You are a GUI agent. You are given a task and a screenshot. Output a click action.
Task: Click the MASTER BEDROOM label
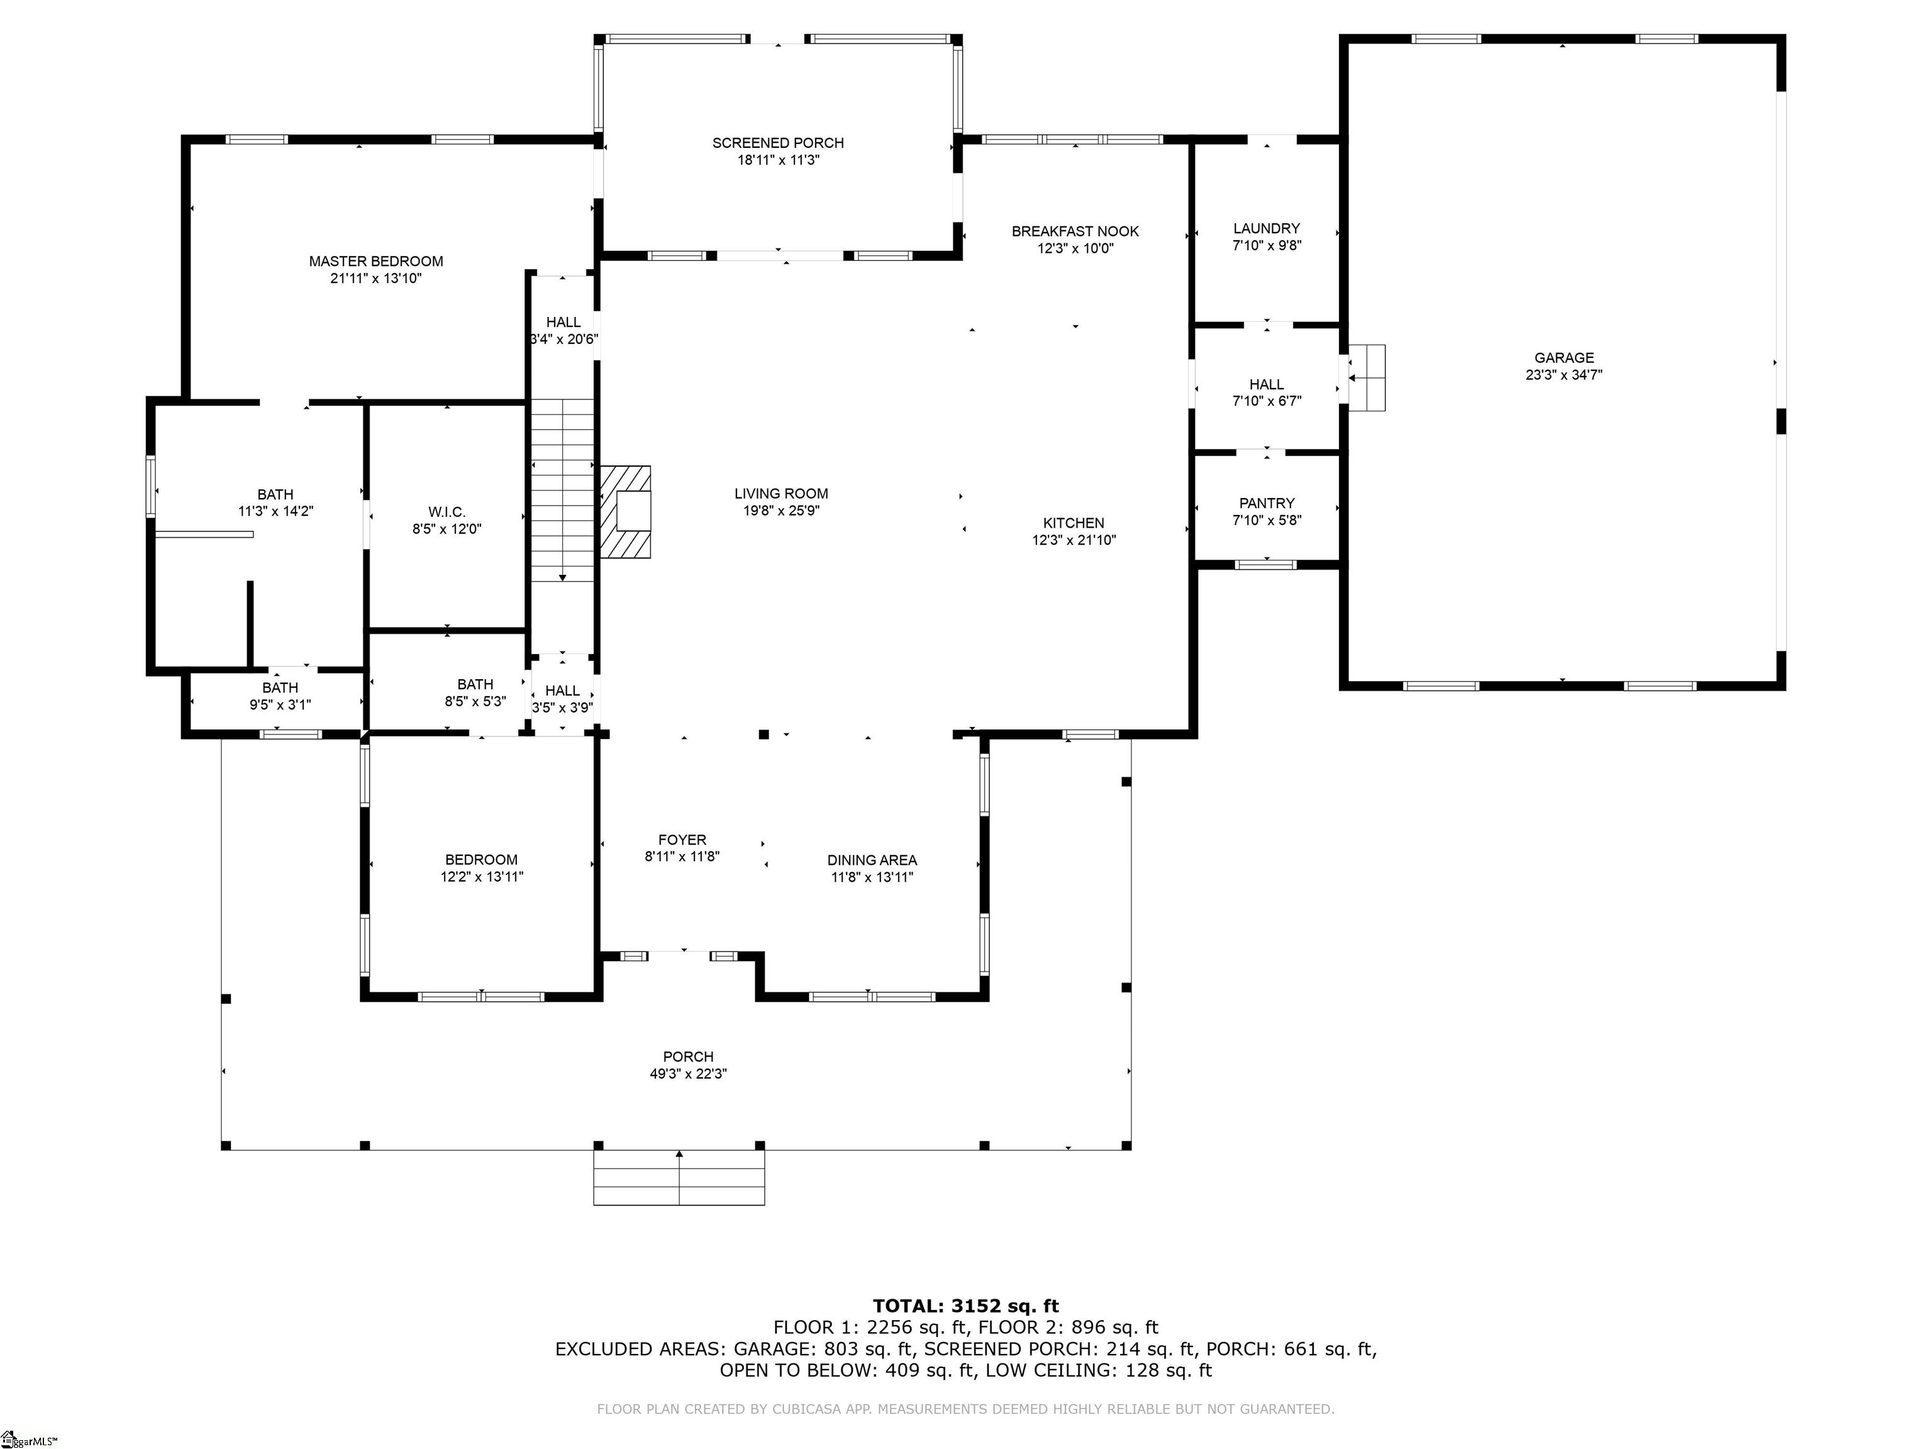click(x=375, y=261)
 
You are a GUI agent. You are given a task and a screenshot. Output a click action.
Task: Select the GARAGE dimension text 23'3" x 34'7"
click(x=1563, y=375)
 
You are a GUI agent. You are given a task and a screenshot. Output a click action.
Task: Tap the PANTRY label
click(x=1267, y=503)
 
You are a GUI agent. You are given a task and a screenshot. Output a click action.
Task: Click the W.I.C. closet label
click(x=447, y=512)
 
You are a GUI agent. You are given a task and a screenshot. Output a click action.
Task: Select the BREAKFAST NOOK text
click(x=1075, y=231)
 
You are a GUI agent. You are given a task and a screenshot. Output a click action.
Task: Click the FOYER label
click(x=682, y=840)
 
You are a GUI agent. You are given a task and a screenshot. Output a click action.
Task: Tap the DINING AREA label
click(x=872, y=860)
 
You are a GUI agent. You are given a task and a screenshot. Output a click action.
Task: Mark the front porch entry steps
click(x=679, y=1177)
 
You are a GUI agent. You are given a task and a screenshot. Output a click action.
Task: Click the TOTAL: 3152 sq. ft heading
click(x=966, y=1306)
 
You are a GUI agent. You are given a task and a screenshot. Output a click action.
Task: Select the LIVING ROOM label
click(x=781, y=494)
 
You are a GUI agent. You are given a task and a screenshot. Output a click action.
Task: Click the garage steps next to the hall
click(x=1366, y=377)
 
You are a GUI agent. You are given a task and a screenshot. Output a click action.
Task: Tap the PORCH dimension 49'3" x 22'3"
click(x=688, y=1074)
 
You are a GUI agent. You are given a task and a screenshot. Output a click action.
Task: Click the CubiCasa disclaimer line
click(x=966, y=1409)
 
